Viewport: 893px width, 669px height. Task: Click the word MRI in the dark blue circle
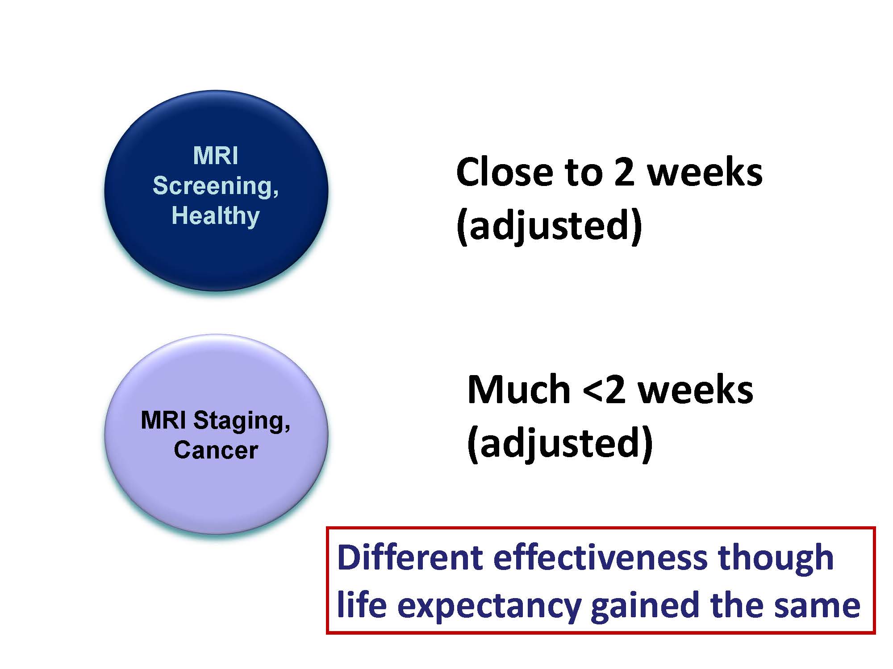tap(216, 156)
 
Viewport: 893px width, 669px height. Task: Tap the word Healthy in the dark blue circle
tap(216, 216)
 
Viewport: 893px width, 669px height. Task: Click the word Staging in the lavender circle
tap(241, 420)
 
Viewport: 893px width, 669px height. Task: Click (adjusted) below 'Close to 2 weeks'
tap(549, 226)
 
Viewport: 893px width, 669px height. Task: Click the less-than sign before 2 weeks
tap(593, 391)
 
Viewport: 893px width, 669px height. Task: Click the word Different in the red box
tap(410, 558)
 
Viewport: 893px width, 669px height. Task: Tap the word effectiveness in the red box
tap(600, 558)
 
